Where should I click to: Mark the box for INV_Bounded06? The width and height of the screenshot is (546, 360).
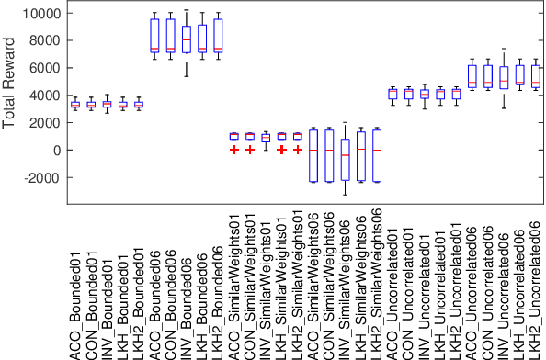pyautogui.click(x=187, y=40)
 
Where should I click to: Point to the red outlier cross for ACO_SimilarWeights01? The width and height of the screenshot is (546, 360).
pyautogui.click(x=234, y=149)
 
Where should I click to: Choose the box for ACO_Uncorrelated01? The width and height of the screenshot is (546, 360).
pyautogui.click(x=392, y=94)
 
